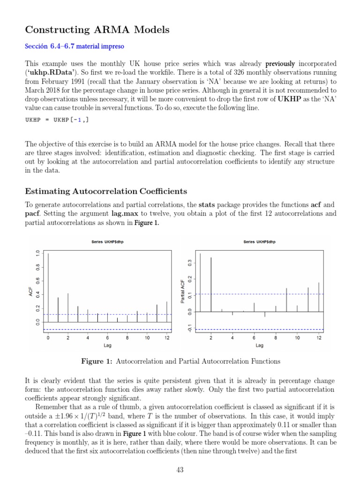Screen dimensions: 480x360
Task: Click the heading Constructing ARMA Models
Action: pos(97,30)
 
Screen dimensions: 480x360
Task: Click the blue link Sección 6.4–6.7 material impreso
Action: pos(75,46)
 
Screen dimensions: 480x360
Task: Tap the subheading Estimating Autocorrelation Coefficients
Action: pos(106,191)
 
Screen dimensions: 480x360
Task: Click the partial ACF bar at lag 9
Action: pos(286,300)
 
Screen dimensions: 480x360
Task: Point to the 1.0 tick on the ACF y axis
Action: pos(37,253)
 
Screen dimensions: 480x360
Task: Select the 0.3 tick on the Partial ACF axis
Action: pos(190,263)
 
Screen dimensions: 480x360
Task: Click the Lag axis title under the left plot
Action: pos(107,345)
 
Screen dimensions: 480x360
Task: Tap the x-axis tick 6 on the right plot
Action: pos(254,338)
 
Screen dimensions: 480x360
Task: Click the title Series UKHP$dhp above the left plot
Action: pos(107,242)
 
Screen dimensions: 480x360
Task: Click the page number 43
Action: pos(180,470)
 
